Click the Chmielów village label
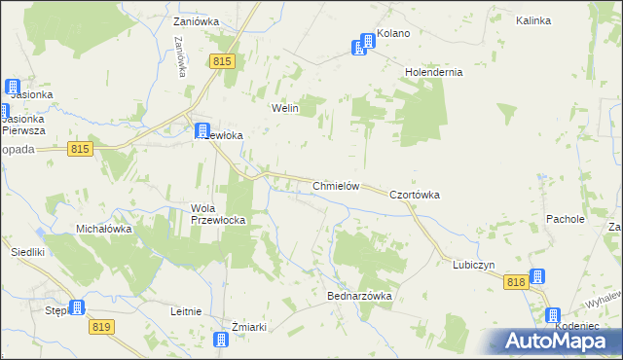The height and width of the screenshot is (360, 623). pyautogui.click(x=337, y=186)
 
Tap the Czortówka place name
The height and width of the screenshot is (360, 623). pyautogui.click(x=415, y=195)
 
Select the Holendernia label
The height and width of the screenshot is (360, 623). pyautogui.click(x=433, y=72)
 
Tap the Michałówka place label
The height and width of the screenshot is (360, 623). pyautogui.click(x=104, y=229)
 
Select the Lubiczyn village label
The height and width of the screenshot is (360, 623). pyautogui.click(x=474, y=265)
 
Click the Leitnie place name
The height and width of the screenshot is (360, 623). pyautogui.click(x=185, y=311)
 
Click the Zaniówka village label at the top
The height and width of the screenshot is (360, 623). pyautogui.click(x=197, y=20)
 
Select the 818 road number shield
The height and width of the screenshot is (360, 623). pyautogui.click(x=516, y=281)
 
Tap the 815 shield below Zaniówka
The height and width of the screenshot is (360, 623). pyautogui.click(x=222, y=61)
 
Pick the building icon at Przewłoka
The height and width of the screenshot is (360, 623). pyautogui.click(x=202, y=130)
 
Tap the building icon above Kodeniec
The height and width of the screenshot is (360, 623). pyautogui.click(x=553, y=315)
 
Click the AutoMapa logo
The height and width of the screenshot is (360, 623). pyautogui.click(x=555, y=341)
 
